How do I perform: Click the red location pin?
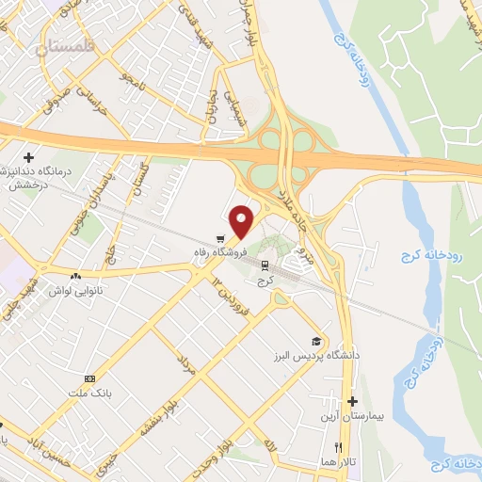pyautogui.click(x=242, y=220)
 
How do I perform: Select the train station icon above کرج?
pyautogui.click(x=265, y=265)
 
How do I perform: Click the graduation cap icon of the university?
pyautogui.click(x=316, y=341)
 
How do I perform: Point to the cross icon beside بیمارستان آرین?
pyautogui.click(x=353, y=401)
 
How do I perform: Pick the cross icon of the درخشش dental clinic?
pyautogui.click(x=29, y=156)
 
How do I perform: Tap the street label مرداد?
pyautogui.click(x=185, y=365)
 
